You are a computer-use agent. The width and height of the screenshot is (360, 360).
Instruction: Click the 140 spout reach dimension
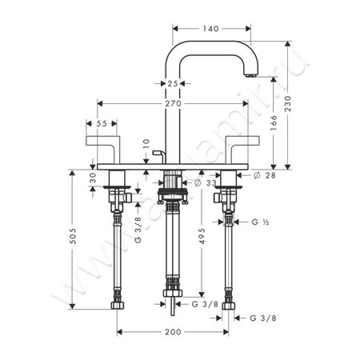pos(210,27)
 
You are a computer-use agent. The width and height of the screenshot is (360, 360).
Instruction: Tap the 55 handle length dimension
pos(102,125)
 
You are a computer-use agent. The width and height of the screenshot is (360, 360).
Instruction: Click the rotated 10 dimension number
pos(146,145)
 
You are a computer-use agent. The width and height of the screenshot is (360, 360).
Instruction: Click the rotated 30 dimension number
pos(94,178)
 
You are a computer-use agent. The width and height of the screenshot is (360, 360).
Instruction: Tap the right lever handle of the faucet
pos(241,149)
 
